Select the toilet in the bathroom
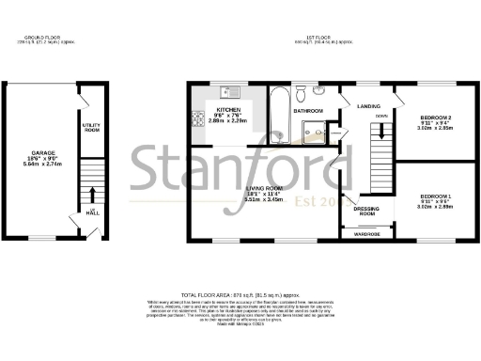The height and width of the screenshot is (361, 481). (301, 94)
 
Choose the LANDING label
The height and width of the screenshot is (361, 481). (367, 106)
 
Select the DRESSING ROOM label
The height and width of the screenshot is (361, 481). (365, 212)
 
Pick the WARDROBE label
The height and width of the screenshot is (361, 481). (366, 234)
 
